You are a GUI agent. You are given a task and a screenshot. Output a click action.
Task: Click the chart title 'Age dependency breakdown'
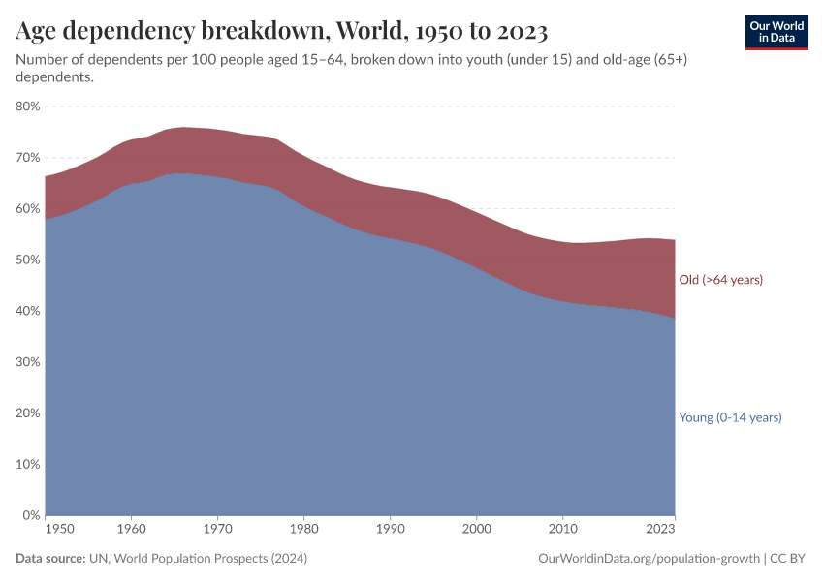282,32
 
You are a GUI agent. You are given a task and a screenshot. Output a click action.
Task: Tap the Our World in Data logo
776,32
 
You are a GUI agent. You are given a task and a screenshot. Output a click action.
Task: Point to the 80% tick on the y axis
28,107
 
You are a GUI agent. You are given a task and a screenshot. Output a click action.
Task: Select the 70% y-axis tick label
28,158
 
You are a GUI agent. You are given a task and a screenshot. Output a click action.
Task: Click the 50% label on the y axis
28,260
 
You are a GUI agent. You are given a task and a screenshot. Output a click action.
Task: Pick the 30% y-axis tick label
28,362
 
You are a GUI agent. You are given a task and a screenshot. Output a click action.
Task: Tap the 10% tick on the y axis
28,465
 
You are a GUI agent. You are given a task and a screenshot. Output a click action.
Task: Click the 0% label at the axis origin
31,515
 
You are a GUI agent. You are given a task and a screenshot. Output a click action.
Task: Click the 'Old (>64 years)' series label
720,280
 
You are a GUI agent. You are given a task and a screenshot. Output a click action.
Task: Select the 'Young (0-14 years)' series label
730,417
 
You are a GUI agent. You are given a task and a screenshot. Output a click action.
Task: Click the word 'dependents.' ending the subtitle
54,78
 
